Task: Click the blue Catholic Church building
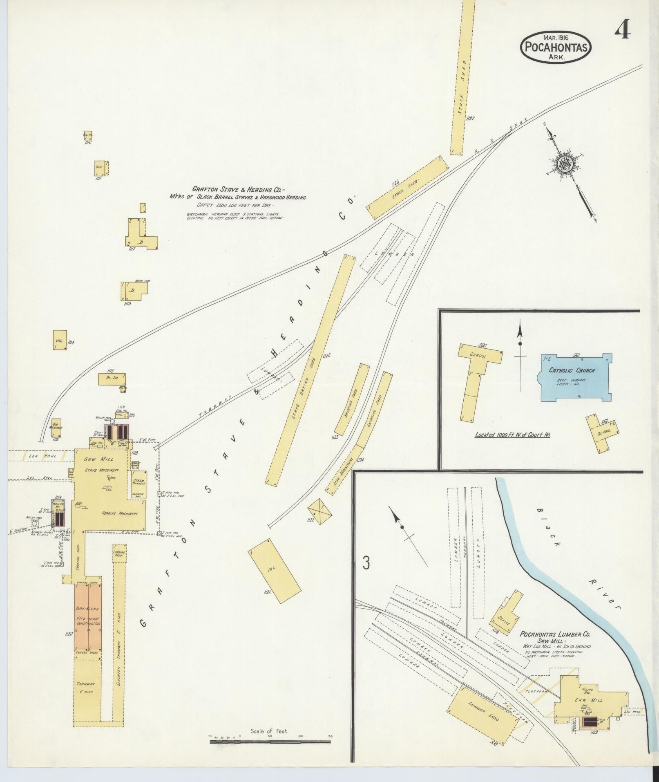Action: coord(576,377)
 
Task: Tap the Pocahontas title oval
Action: coord(556,47)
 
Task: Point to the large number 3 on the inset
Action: coord(366,563)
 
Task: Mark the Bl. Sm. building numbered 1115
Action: coord(112,379)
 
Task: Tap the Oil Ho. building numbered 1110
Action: coord(88,135)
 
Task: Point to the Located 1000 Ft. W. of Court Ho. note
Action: coord(512,434)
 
